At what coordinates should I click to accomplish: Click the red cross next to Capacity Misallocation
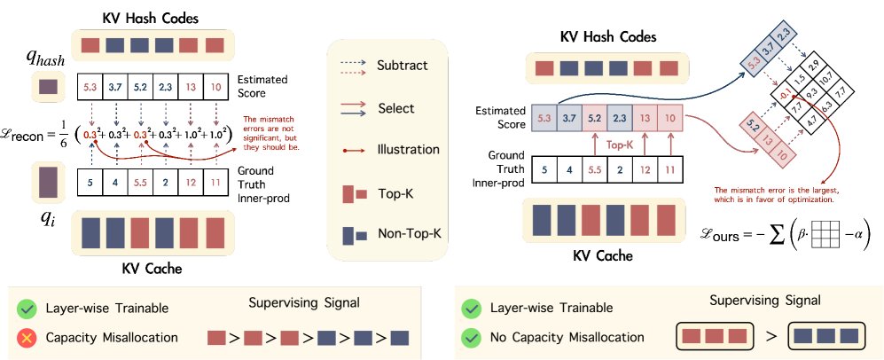point(27,338)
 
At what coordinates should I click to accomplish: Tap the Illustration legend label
point(405,150)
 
